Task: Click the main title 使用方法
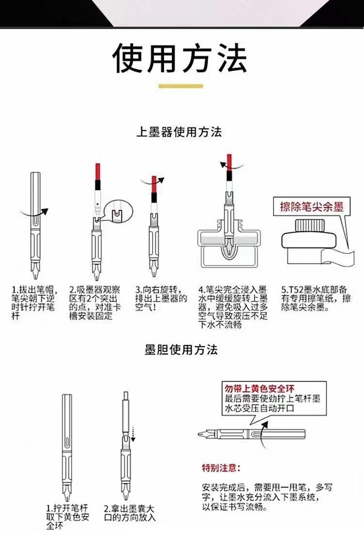pos(180,59)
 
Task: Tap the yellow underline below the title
pos(181,86)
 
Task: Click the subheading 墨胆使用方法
pos(181,350)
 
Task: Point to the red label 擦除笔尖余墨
pos(312,207)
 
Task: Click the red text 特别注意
pos(220,468)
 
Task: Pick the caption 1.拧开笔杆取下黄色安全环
pos(68,517)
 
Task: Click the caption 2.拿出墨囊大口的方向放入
pos(130,513)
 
